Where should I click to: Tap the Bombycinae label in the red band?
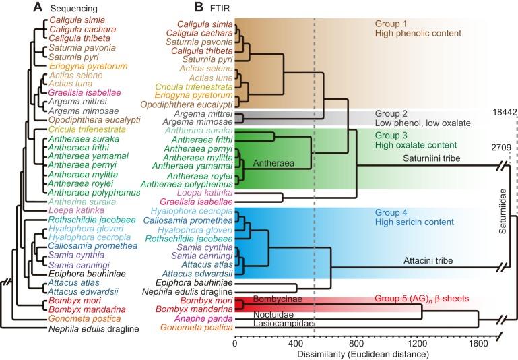(x=273, y=297)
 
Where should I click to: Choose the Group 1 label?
(x=391, y=23)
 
